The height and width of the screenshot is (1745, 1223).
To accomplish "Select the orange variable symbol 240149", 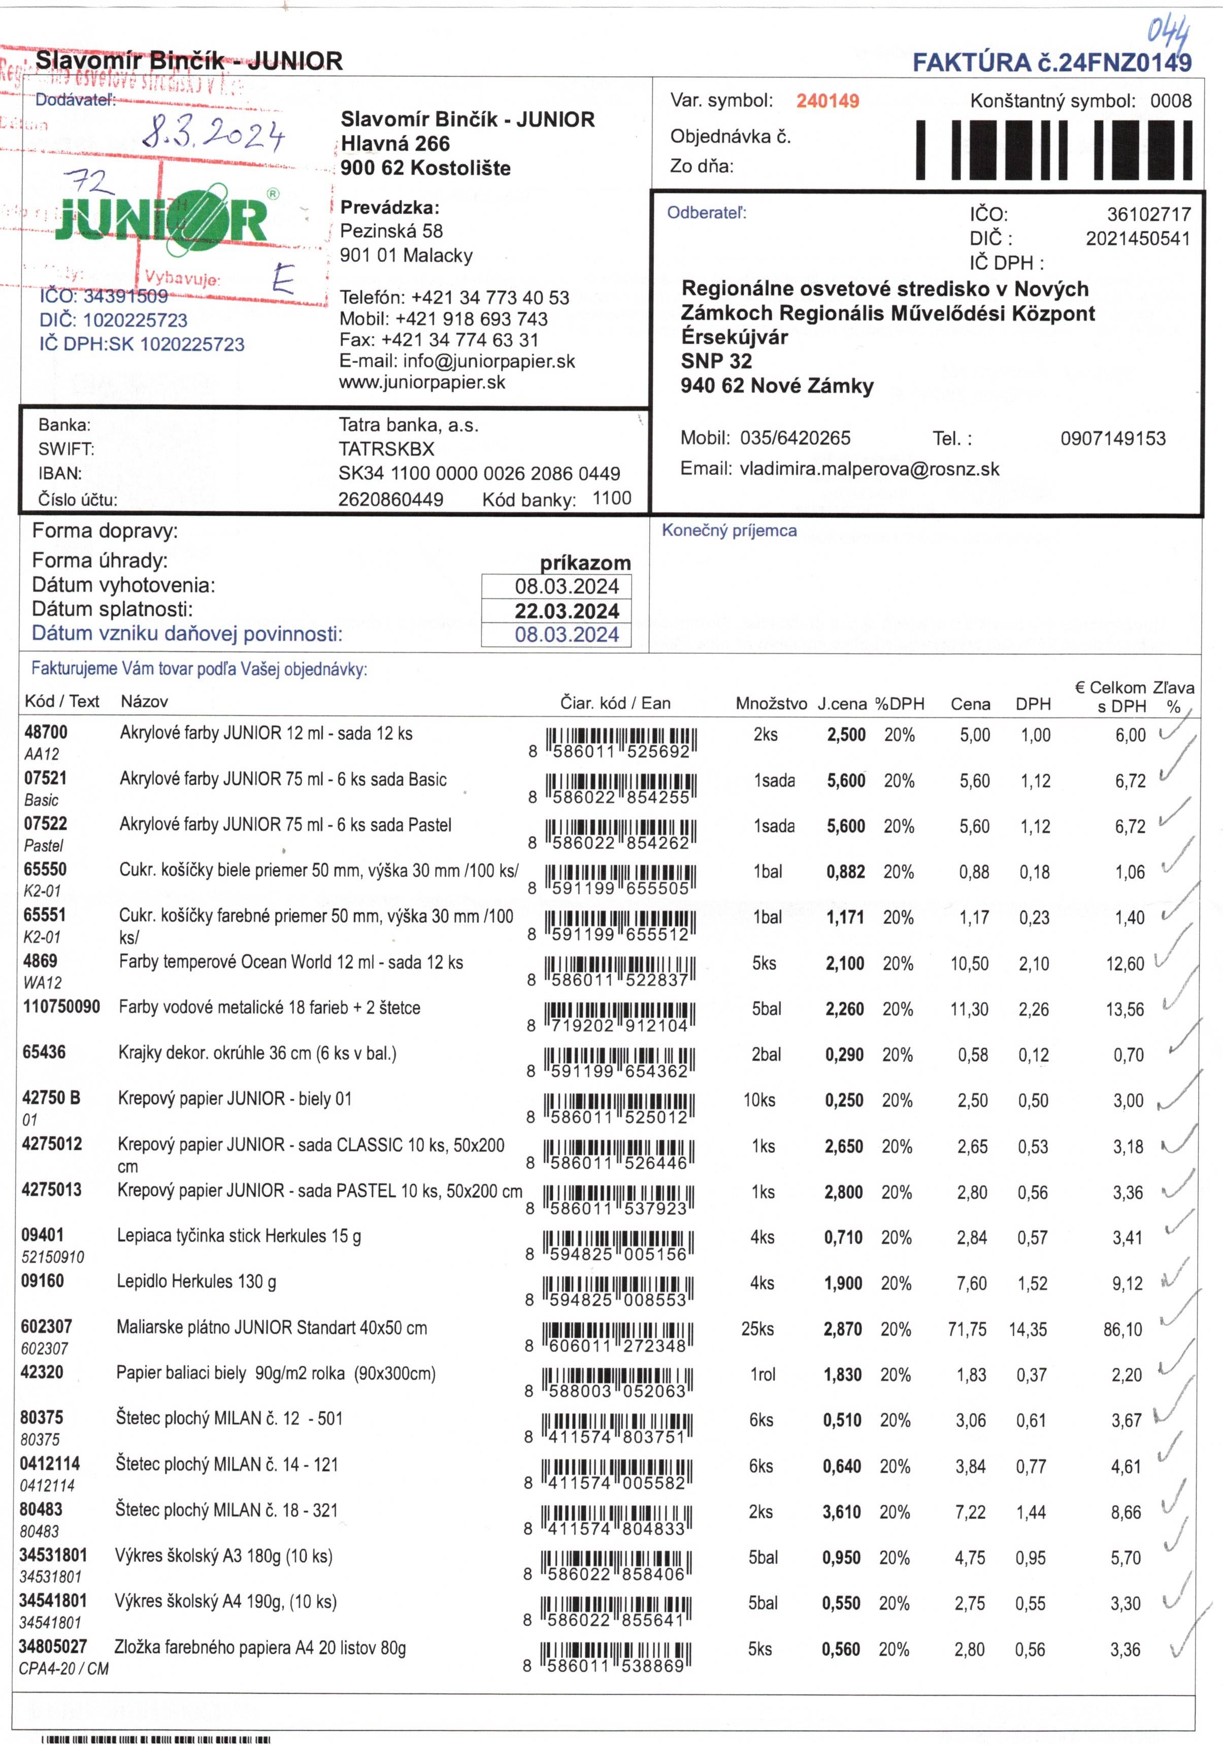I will point(827,101).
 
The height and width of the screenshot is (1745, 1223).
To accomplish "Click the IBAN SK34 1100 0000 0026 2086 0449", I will point(479,474).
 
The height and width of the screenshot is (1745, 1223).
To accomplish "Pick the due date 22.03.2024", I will point(566,611).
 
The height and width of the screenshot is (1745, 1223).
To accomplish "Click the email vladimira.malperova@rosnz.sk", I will point(869,469).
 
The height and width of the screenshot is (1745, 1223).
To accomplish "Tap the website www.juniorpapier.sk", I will point(422,382).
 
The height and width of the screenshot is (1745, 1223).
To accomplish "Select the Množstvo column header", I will point(770,704).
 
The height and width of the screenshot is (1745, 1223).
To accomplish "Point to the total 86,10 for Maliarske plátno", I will point(1122,1329).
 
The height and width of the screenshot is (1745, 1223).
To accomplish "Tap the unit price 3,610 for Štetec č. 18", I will point(841,1511).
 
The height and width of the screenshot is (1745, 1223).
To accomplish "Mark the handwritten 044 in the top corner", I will point(1168,34).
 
